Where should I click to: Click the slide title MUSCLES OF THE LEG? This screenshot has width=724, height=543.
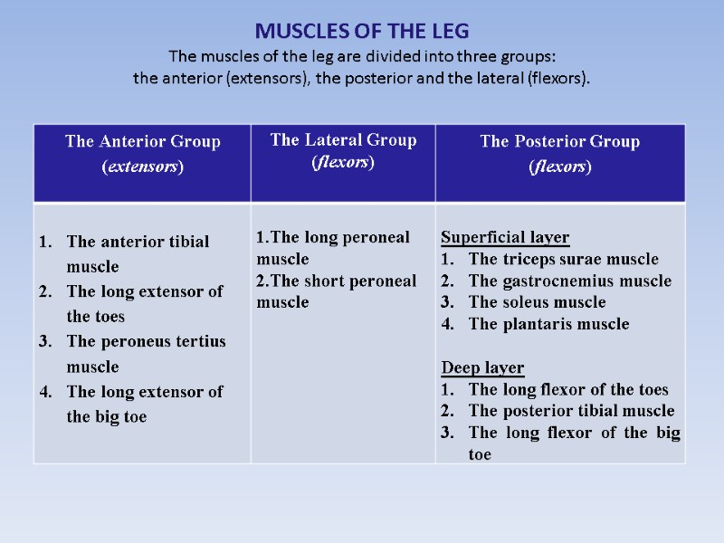point(362,31)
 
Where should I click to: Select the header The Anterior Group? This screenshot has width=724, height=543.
point(143,141)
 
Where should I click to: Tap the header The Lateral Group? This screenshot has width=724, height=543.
point(344,139)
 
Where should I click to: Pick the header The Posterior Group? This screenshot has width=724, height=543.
point(559,141)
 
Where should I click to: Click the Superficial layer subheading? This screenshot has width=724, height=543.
point(505,238)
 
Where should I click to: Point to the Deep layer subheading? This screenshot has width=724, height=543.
point(482,368)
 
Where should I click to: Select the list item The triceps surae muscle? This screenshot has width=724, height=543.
point(564,260)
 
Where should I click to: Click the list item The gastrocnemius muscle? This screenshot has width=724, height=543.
point(570,281)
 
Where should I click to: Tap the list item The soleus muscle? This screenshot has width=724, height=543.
point(538,303)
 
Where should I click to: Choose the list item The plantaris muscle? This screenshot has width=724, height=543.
point(548,325)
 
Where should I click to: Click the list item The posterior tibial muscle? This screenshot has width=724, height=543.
point(572,412)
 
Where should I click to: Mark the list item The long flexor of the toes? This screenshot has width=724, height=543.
point(568,390)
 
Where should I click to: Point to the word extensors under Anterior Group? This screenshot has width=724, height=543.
point(143,167)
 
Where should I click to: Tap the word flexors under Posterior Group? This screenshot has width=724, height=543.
point(559,167)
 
